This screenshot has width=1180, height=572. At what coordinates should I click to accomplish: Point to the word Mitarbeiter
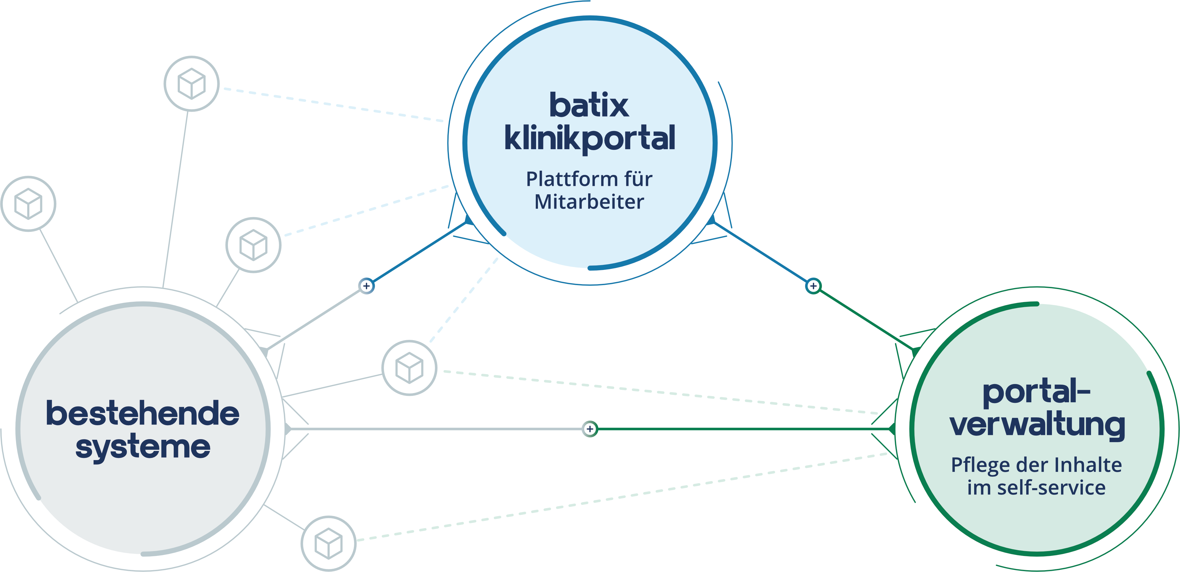coord(589,202)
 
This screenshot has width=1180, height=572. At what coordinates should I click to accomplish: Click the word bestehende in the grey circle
coord(143,413)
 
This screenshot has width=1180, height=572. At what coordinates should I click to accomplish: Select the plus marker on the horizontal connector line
coord(590,429)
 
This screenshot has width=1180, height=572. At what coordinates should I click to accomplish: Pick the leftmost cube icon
coord(28,204)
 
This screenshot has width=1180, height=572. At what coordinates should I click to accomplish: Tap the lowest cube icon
coord(328,544)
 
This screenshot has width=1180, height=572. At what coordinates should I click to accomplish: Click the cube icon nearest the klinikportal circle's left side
coord(253,245)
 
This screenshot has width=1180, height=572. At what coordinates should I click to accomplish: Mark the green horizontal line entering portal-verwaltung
coord(742,429)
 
